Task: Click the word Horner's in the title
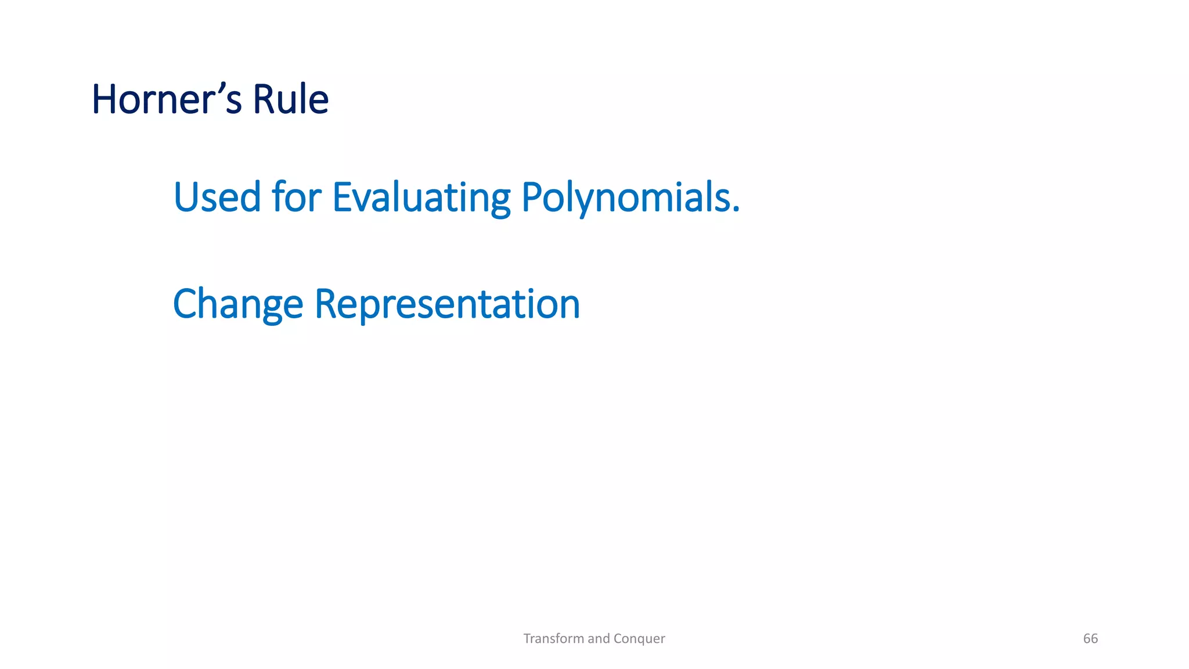click(166, 99)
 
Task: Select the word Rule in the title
click(290, 99)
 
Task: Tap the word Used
click(217, 197)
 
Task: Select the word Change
click(238, 304)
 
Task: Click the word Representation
click(446, 304)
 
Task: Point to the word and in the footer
click(599, 639)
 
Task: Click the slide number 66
click(1090, 639)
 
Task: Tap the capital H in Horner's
click(105, 99)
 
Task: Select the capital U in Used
click(186, 197)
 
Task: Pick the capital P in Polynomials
click(532, 197)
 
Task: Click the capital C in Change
click(185, 304)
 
